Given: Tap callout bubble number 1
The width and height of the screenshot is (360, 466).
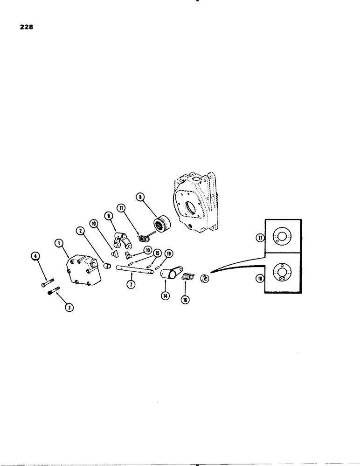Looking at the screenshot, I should tap(58, 243).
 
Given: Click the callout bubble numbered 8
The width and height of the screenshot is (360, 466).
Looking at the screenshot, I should tap(140, 198).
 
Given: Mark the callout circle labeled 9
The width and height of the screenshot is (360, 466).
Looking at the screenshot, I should tap(108, 216).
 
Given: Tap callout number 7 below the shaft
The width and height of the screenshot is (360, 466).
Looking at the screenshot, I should tap(131, 284).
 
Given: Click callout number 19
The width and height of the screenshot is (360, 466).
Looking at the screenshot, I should tap(169, 254).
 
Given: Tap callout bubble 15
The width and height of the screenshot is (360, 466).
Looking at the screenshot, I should tap(157, 253).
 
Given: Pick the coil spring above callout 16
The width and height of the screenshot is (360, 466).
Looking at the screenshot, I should tap(187, 277).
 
